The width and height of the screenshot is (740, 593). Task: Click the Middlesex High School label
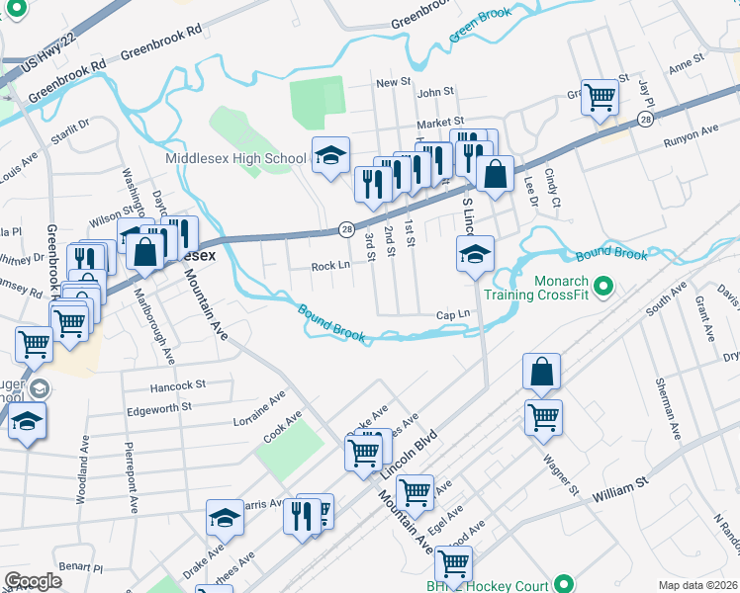(x=236, y=158)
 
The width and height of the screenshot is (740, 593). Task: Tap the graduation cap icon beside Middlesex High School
(x=330, y=155)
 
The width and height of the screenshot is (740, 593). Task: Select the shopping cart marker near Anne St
(x=600, y=98)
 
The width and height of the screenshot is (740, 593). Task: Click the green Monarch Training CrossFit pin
(x=609, y=290)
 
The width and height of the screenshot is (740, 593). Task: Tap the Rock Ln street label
(x=330, y=266)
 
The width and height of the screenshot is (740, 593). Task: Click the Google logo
(x=33, y=581)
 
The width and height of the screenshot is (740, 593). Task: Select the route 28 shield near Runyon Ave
(x=645, y=119)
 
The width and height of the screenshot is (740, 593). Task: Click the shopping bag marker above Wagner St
(x=543, y=372)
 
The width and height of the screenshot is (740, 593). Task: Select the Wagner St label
(x=559, y=474)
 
